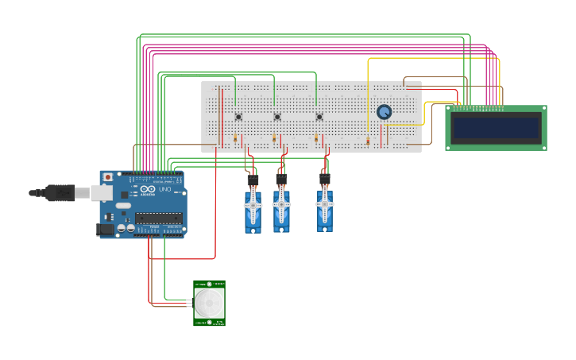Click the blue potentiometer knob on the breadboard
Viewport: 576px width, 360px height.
tap(385, 112)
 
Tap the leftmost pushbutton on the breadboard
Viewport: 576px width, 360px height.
tap(238, 117)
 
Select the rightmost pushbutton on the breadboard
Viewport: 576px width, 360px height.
tap(319, 117)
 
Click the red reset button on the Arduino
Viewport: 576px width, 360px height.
tap(108, 177)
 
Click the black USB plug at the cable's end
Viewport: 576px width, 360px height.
tap(59, 192)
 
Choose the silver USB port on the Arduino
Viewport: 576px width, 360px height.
tap(102, 192)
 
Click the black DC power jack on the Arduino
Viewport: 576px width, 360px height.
tap(104, 230)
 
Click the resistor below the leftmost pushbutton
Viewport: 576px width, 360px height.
tap(235, 139)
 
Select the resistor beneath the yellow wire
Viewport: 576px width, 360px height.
tap(368, 142)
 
